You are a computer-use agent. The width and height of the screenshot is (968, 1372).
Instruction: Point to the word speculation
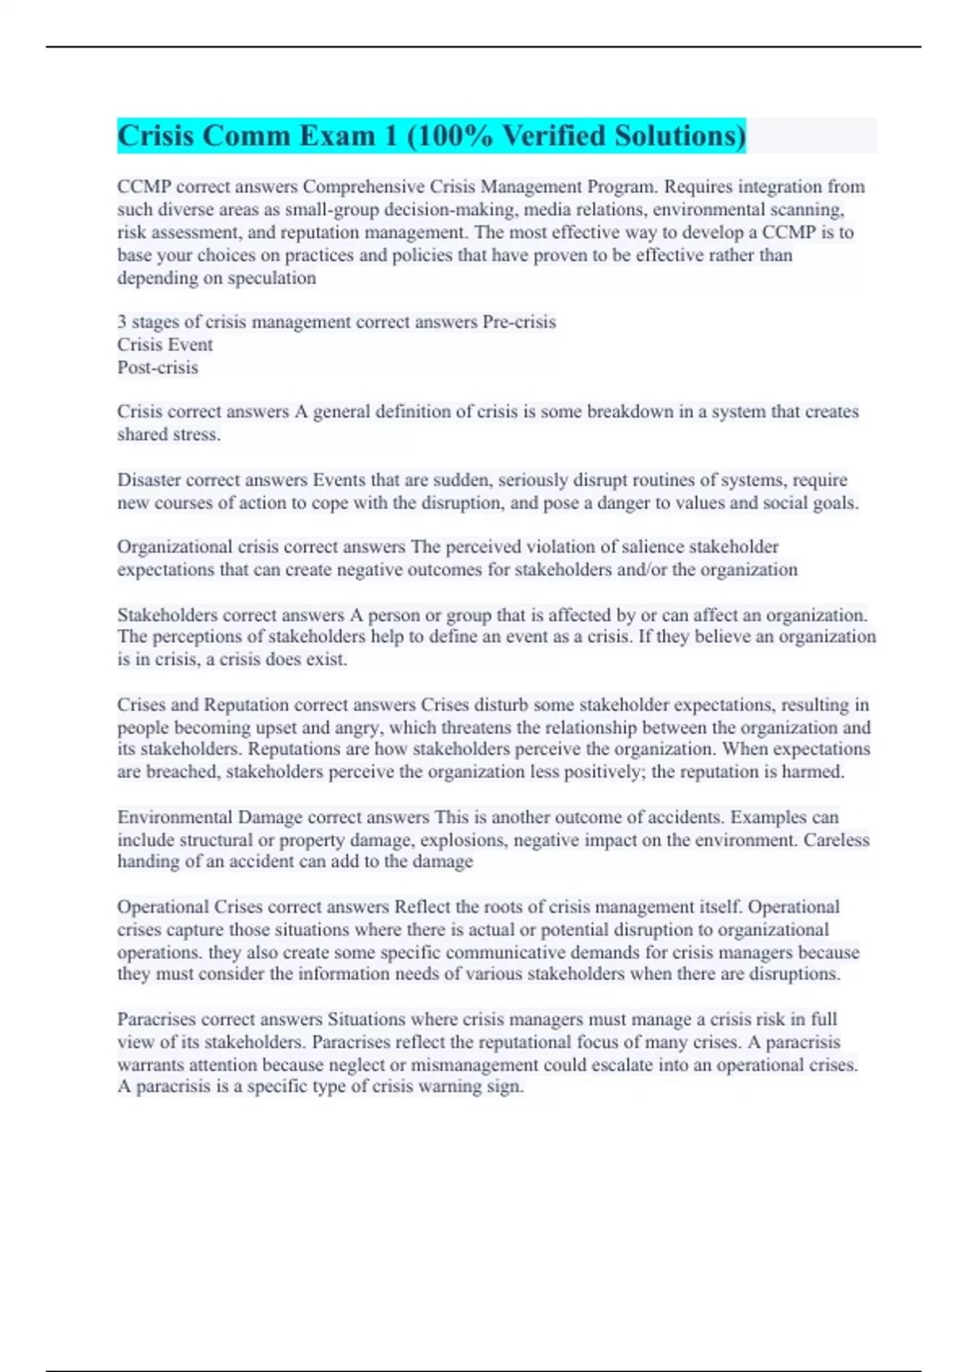click(x=272, y=278)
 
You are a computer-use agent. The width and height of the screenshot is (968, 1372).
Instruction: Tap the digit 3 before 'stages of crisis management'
click(x=122, y=322)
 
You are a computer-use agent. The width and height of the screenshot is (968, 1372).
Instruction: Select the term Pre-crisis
click(x=519, y=322)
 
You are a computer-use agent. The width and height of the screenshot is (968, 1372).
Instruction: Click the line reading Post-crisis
click(x=157, y=367)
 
